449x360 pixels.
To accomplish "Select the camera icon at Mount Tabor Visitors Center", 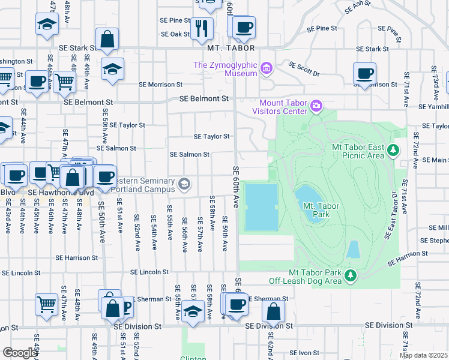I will [316, 107].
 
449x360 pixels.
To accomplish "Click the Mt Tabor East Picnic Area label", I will [358, 151].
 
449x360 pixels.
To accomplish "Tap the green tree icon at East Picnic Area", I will [393, 149].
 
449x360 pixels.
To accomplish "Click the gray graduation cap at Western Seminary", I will [185, 183].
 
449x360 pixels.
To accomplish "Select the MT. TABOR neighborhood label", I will [231, 48].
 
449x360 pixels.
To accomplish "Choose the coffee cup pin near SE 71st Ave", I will [364, 74].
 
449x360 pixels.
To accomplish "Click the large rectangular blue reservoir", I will [261, 207].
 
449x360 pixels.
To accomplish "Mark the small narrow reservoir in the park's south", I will [354, 250].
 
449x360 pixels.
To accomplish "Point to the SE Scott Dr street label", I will [304, 68].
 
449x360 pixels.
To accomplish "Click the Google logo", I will [20, 353].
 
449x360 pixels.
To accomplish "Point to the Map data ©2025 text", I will [423, 355].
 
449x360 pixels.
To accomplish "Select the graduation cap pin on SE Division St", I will [192, 312].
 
